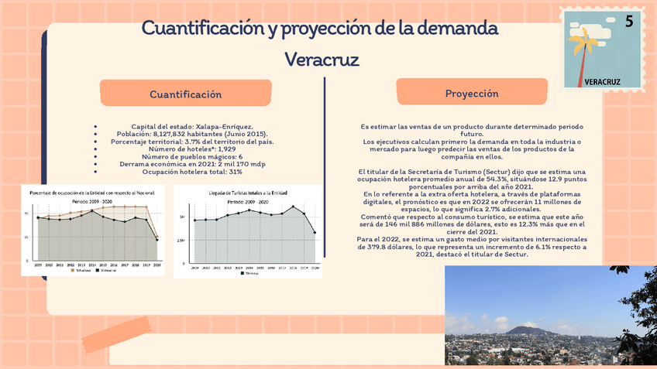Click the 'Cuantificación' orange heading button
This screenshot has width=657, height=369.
tap(186, 94)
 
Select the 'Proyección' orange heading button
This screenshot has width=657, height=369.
tap(472, 94)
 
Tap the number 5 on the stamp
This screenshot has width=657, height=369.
tap(629, 22)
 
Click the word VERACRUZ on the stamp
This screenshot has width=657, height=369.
tap(602, 80)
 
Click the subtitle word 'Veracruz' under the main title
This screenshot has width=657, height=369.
tap(322, 60)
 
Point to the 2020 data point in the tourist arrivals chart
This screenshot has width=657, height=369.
tap(314, 232)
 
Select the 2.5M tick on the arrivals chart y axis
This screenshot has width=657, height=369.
tap(182, 241)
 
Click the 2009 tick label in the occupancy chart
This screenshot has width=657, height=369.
tap(37, 264)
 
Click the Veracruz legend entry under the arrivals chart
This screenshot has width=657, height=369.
tap(248, 272)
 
